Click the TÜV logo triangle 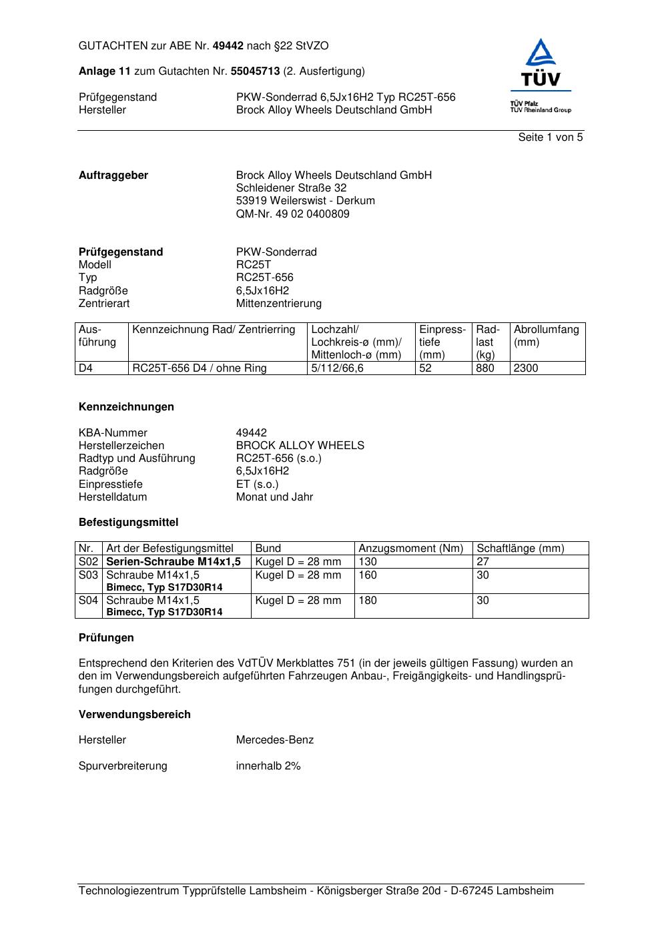541,53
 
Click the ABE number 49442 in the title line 228,46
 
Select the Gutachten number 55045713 255,71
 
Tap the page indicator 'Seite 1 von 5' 551,137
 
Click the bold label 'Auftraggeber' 113,176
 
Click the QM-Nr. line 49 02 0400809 292,214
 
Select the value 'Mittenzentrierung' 278,304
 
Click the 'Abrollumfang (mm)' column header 546,336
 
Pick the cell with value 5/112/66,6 338,368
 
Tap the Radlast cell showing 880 484,368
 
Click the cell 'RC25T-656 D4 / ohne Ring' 200,368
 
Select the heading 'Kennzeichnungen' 126,407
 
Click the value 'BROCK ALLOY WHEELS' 300,446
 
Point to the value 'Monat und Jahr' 274,497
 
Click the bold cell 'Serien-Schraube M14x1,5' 174,562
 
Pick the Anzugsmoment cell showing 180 368,601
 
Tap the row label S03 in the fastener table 89,575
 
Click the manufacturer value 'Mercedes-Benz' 274,740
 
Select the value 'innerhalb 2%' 268,766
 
